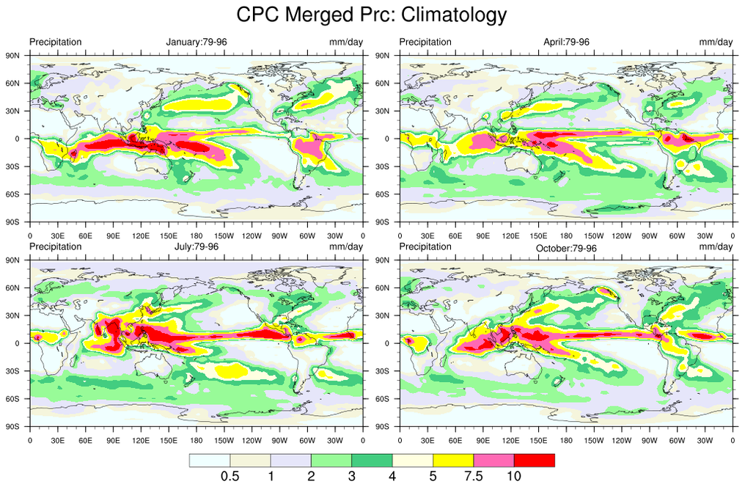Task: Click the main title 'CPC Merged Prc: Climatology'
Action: pyautogui.click(x=372, y=15)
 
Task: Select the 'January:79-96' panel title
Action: pyautogui.click(x=197, y=42)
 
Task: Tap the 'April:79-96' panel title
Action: pyautogui.click(x=566, y=42)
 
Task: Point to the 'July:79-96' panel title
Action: pyautogui.click(x=197, y=246)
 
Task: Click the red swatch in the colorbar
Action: pyautogui.click(x=534, y=460)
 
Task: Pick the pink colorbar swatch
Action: pyautogui.click(x=493, y=460)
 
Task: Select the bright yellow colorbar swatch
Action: pyautogui.click(x=453, y=460)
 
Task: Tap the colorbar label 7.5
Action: pyautogui.click(x=474, y=476)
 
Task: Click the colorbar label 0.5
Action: pyautogui.click(x=230, y=476)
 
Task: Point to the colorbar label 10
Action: pyautogui.click(x=513, y=476)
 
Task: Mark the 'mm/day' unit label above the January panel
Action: pyautogui.click(x=346, y=42)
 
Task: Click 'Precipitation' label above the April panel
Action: pyautogui.click(x=425, y=42)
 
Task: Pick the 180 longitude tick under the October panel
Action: pyautogui.click(x=566, y=440)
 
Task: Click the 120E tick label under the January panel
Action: pyautogui.click(x=141, y=235)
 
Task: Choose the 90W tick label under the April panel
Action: pyautogui.click(x=650, y=235)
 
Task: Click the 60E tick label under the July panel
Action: pyautogui.click(x=85, y=440)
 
